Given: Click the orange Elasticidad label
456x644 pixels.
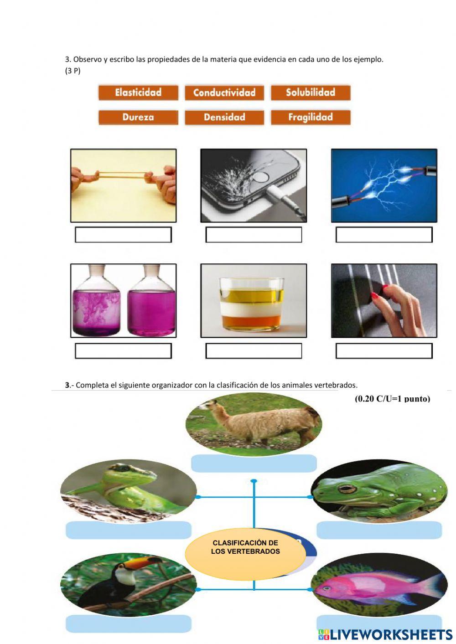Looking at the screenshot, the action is [x=138, y=93].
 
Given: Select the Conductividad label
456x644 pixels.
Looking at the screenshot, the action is [x=224, y=93].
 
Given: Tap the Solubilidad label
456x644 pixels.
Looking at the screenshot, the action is [x=311, y=93].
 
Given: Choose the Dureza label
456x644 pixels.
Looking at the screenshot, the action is [x=138, y=117].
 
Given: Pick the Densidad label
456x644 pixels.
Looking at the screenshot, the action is [x=224, y=117].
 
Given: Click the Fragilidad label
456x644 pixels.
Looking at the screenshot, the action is [x=311, y=117].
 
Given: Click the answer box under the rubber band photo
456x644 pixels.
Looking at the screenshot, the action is [x=124, y=235].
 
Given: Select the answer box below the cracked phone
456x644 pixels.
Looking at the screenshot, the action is [x=254, y=235].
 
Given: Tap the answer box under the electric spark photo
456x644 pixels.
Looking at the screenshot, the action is [x=384, y=235].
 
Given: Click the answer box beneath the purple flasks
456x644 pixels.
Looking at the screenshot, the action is [x=124, y=351].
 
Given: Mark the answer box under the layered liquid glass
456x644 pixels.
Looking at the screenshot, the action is [x=254, y=351].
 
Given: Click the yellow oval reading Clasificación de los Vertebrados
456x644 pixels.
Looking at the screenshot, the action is [x=245, y=552].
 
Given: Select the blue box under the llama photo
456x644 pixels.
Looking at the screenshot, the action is [x=254, y=463].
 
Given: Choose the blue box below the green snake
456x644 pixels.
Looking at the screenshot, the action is [x=128, y=530].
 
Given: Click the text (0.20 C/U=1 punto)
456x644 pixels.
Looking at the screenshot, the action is [x=393, y=399].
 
